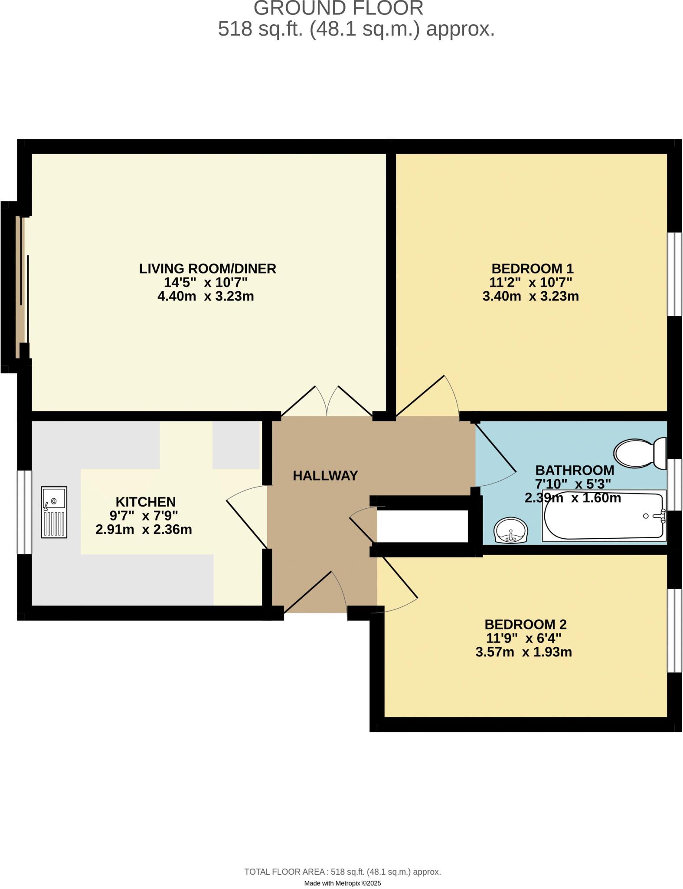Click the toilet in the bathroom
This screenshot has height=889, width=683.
[x=640, y=454]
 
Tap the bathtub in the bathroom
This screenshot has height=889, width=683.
[x=604, y=516]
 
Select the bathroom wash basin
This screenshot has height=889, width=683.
[x=511, y=530]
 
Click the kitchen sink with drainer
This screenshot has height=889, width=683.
[x=54, y=512]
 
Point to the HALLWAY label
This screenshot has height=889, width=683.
[x=325, y=476]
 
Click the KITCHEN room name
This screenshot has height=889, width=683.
[x=146, y=502]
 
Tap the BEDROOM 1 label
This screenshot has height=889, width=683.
[x=533, y=268]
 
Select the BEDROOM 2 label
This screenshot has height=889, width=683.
[x=526, y=624]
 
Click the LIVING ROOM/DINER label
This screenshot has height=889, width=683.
[x=208, y=269]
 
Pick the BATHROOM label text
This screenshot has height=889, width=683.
[x=575, y=470]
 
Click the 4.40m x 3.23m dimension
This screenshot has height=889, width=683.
[x=206, y=296]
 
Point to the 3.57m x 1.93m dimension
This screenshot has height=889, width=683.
[x=524, y=652]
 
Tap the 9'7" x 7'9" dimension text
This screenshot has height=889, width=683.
[x=144, y=516]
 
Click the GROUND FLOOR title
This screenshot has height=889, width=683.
[x=339, y=8]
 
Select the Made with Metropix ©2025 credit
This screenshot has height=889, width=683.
[x=343, y=883]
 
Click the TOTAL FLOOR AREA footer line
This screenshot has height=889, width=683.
[x=343, y=872]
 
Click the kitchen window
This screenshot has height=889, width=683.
[x=24, y=512]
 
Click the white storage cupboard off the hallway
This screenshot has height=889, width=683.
[x=422, y=526]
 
